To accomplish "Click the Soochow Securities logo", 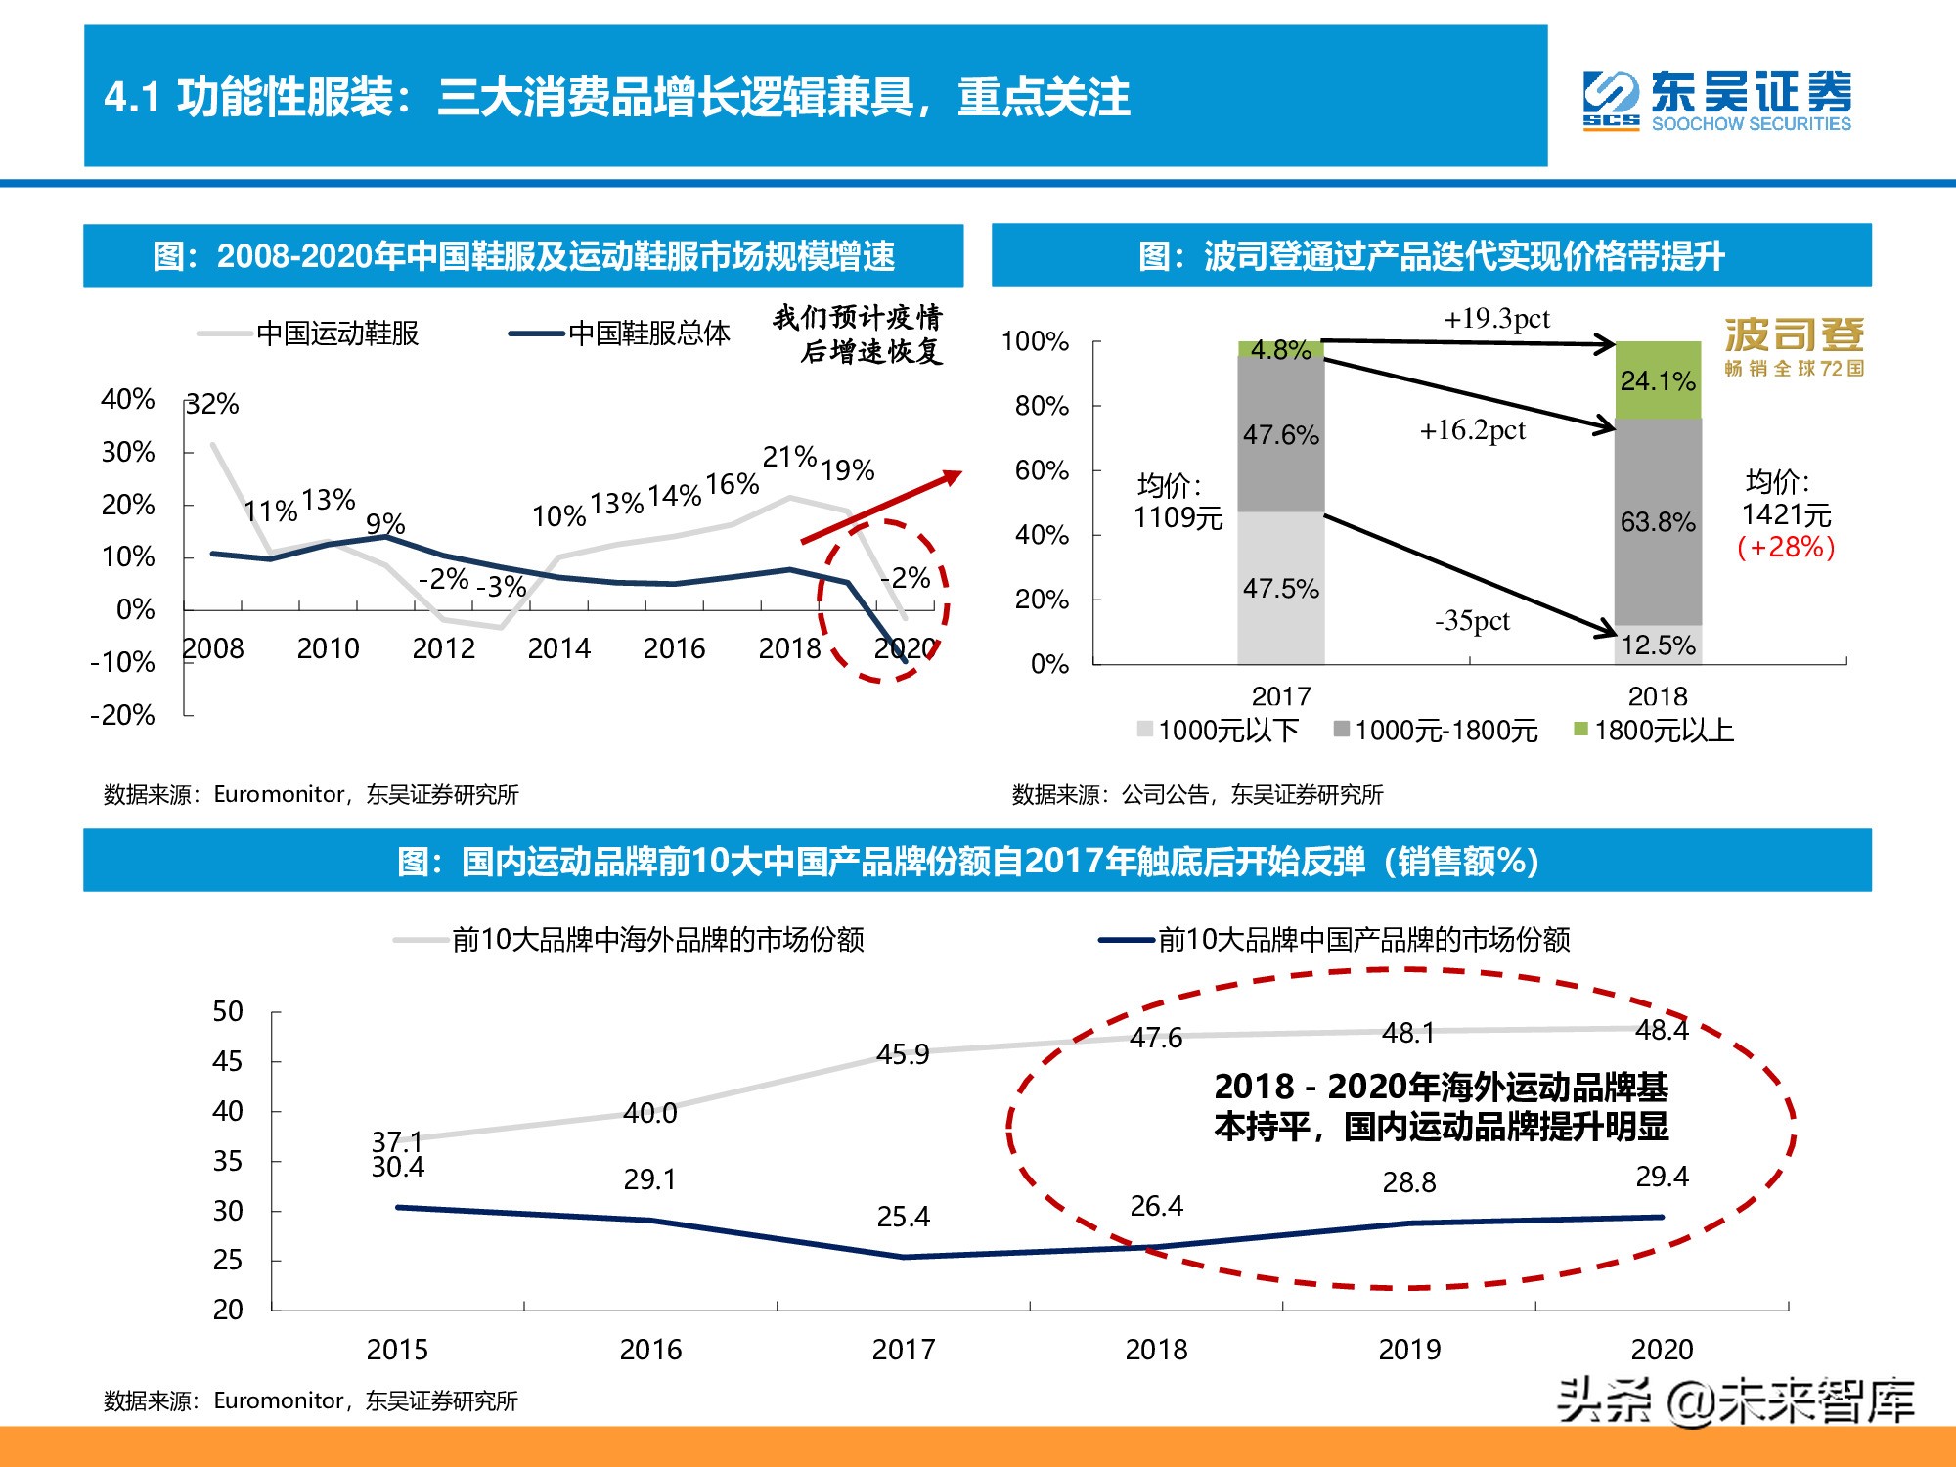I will click(1716, 100).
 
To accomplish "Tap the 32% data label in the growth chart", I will click(213, 404).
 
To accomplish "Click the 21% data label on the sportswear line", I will click(789, 457).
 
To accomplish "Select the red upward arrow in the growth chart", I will click(880, 507).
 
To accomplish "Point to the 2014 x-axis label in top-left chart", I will click(558, 648).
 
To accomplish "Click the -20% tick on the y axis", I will click(123, 715).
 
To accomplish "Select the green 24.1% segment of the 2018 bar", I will click(1658, 380).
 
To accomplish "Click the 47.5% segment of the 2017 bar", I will click(1280, 588).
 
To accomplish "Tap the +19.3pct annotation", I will click(1496, 319).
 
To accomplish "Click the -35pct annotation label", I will click(1472, 621).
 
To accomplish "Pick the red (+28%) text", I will click(1786, 547).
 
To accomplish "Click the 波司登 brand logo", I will click(1794, 346).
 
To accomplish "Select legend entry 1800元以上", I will click(1663, 731).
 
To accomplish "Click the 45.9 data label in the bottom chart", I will click(903, 1054).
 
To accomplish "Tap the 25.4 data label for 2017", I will click(903, 1217).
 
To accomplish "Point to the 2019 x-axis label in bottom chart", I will click(1408, 1350).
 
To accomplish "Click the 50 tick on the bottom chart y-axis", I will click(228, 1011).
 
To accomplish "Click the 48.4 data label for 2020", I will click(1662, 1030).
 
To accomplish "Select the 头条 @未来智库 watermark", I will click(1735, 1401).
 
